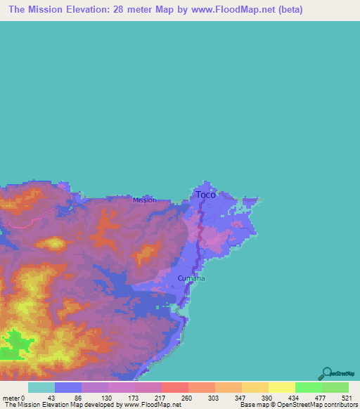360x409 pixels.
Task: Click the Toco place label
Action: coord(205,195)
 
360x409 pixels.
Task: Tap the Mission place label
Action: coord(145,200)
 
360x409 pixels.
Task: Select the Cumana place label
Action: coord(191,278)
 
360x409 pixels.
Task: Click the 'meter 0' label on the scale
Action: coord(13,398)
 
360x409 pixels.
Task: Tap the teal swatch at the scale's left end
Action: coord(41,387)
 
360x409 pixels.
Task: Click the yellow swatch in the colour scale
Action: coord(281,387)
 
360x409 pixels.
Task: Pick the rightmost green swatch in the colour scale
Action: coord(335,387)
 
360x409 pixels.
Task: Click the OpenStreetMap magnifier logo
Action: coord(327,374)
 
